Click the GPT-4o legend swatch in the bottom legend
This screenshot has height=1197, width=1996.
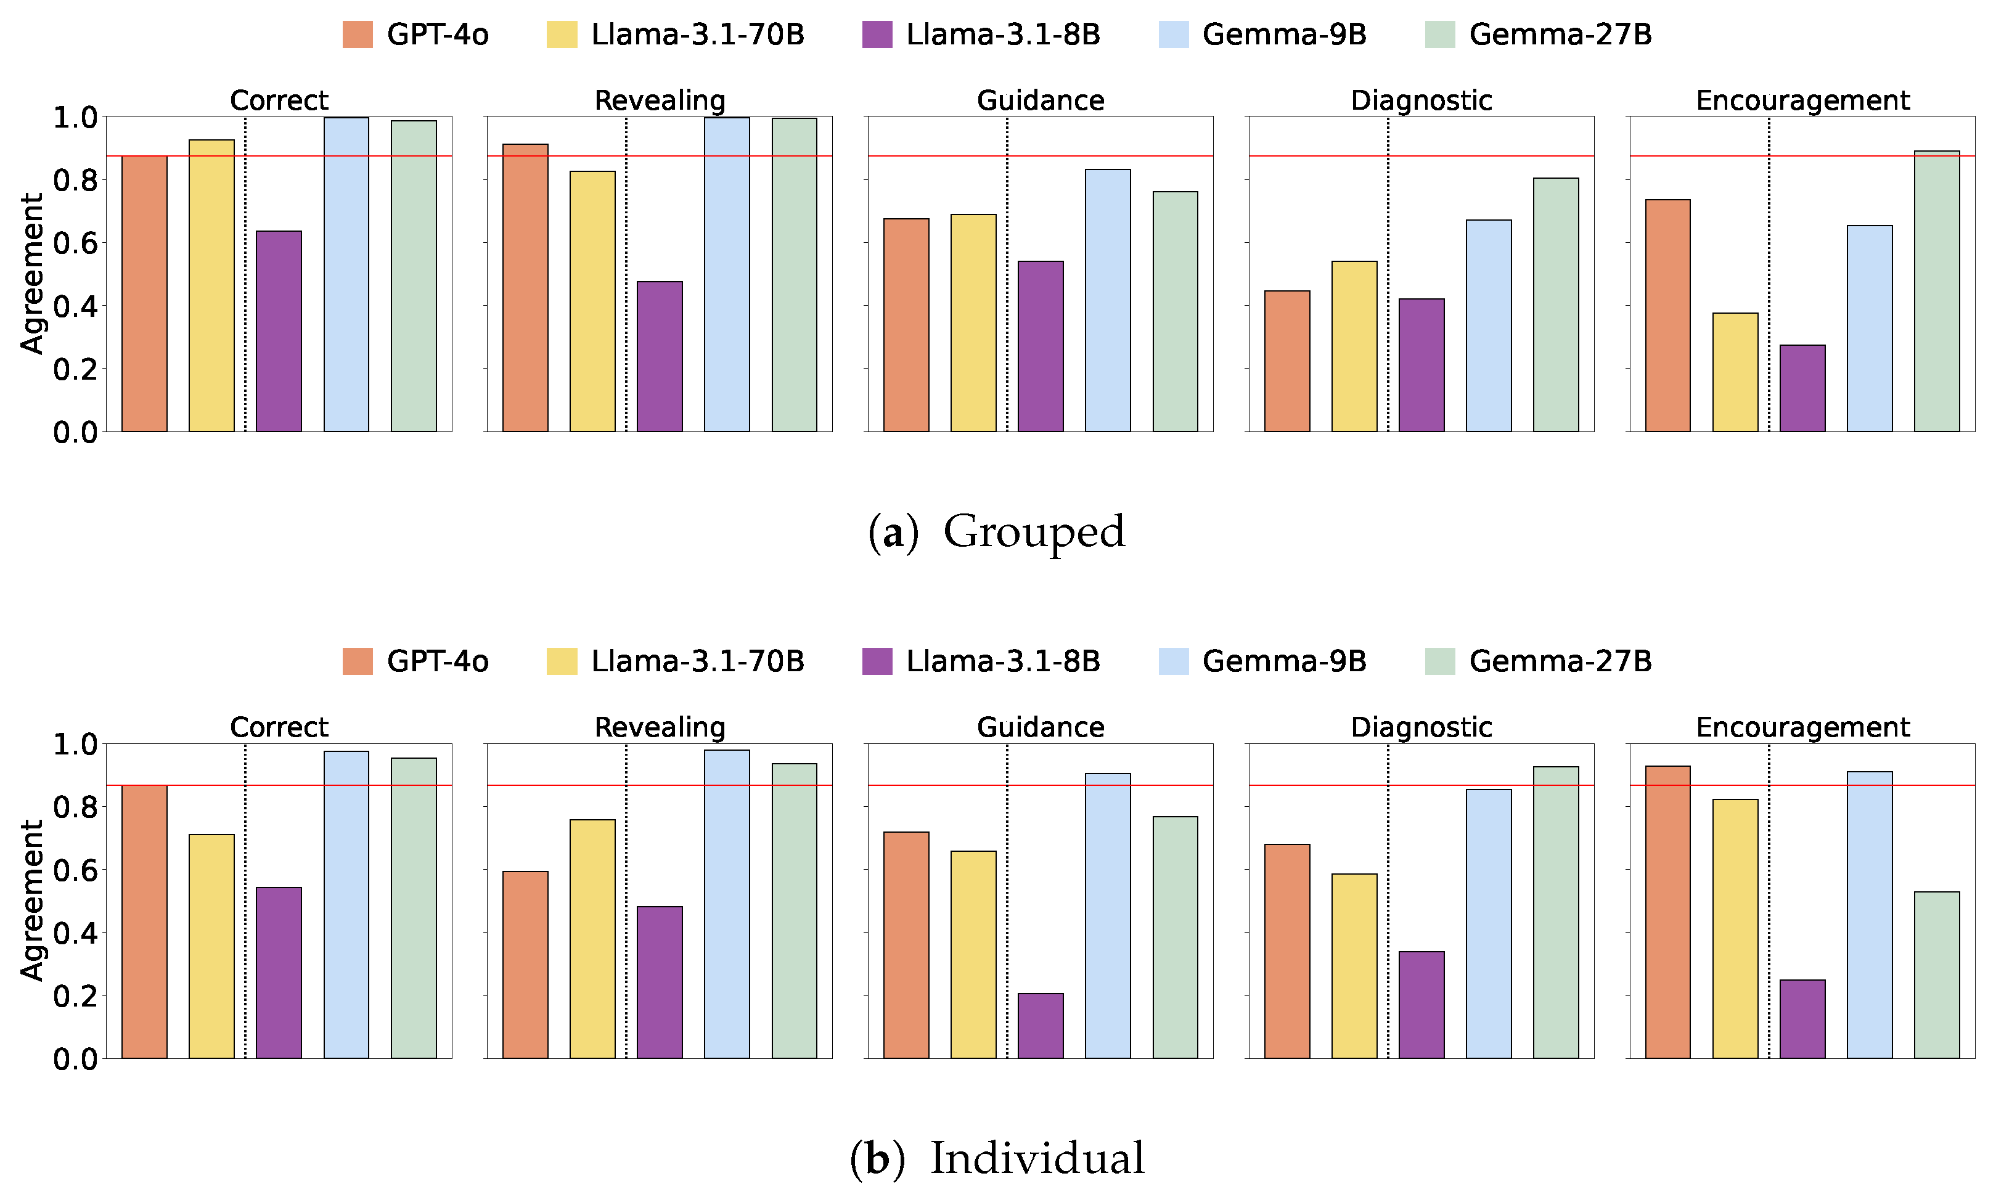pos(358,661)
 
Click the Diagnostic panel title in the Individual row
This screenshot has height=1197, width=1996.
pos(1420,727)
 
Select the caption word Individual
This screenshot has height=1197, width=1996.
pos(1036,1158)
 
